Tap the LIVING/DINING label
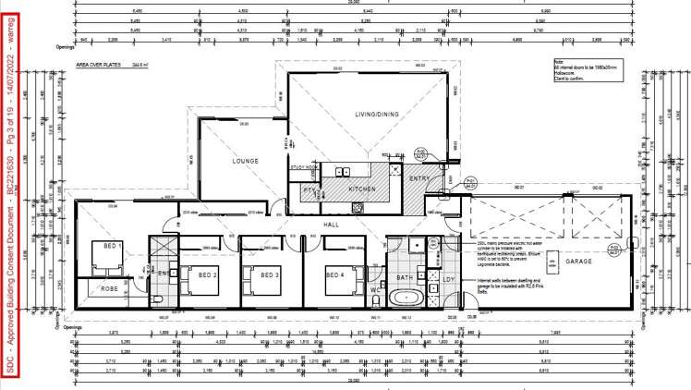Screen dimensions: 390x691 point(382,115)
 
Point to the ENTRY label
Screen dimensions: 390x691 point(420,178)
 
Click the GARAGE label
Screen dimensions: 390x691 point(579,262)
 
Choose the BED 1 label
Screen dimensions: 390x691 point(113,246)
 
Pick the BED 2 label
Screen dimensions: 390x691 point(208,274)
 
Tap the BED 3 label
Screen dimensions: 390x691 point(269,274)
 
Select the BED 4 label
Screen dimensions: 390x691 point(334,274)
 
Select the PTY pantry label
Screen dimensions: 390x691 point(309,189)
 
